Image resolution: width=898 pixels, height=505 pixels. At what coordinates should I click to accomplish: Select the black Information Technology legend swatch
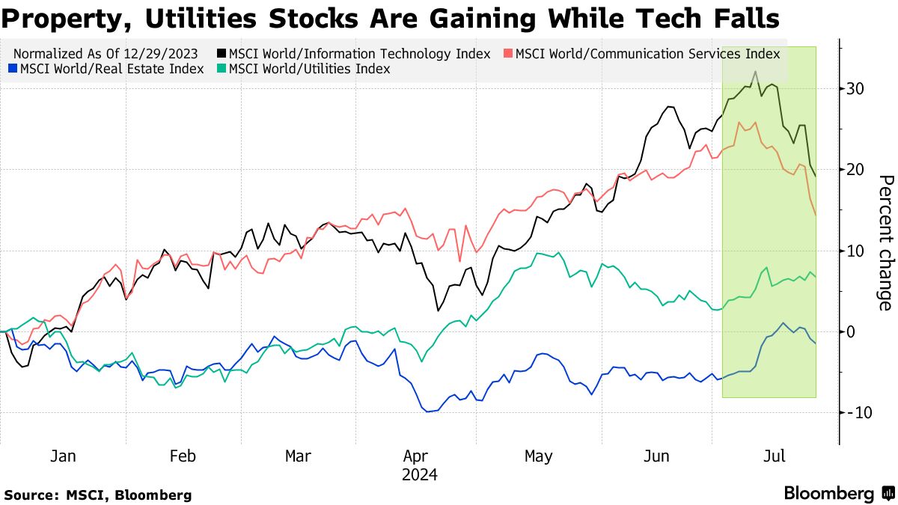pyautogui.click(x=222, y=54)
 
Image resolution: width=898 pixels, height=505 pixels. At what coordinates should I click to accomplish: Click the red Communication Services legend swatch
pyautogui.click(x=508, y=54)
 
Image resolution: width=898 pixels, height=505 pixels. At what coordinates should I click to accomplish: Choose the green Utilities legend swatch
pyautogui.click(x=222, y=69)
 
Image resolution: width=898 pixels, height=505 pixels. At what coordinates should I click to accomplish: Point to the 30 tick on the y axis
pyautogui.click(x=856, y=88)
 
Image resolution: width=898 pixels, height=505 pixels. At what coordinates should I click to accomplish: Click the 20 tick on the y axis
pyautogui.click(x=856, y=170)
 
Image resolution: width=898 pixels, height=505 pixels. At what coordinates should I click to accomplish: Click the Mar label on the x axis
pyautogui.click(x=299, y=456)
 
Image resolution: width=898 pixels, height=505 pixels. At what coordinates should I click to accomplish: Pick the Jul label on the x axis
pyautogui.click(x=774, y=456)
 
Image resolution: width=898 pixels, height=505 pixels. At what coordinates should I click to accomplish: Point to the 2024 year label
pyautogui.click(x=419, y=474)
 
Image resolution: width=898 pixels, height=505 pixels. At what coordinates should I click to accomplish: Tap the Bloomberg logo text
pyautogui.click(x=828, y=494)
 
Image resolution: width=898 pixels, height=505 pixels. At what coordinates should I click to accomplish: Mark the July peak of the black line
pyautogui.click(x=756, y=72)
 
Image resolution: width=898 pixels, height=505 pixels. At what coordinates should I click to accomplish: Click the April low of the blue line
pyautogui.click(x=428, y=411)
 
